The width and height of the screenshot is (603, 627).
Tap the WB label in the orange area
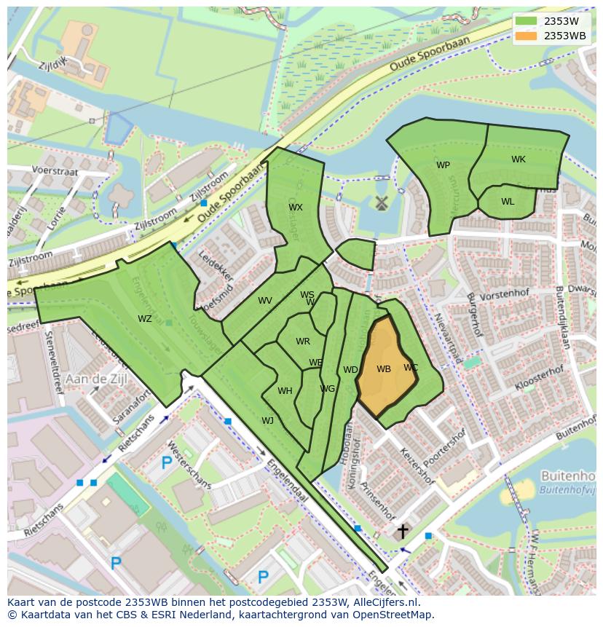pyautogui.click(x=384, y=369)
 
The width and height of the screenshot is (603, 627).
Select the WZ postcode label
pyautogui.click(x=145, y=318)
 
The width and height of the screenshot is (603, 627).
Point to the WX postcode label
pyautogui.click(x=295, y=208)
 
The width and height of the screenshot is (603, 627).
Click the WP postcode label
pyautogui.click(x=443, y=165)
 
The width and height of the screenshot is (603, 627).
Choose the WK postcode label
pyautogui.click(x=518, y=159)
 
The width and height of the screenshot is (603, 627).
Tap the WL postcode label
pyautogui.click(x=508, y=202)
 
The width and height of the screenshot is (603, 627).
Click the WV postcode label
pyautogui.click(x=264, y=301)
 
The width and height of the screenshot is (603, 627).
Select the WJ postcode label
pyautogui.click(x=267, y=420)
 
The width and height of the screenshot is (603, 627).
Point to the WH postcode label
pyautogui.click(x=285, y=391)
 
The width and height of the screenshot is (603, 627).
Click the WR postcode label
pyautogui.click(x=303, y=342)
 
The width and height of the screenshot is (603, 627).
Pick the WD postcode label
pyautogui.click(x=350, y=370)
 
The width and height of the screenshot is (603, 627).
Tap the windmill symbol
pyautogui.click(x=379, y=203)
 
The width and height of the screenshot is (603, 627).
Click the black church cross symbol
pyautogui.click(x=402, y=532)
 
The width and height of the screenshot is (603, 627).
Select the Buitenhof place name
pyautogui.click(x=568, y=476)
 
